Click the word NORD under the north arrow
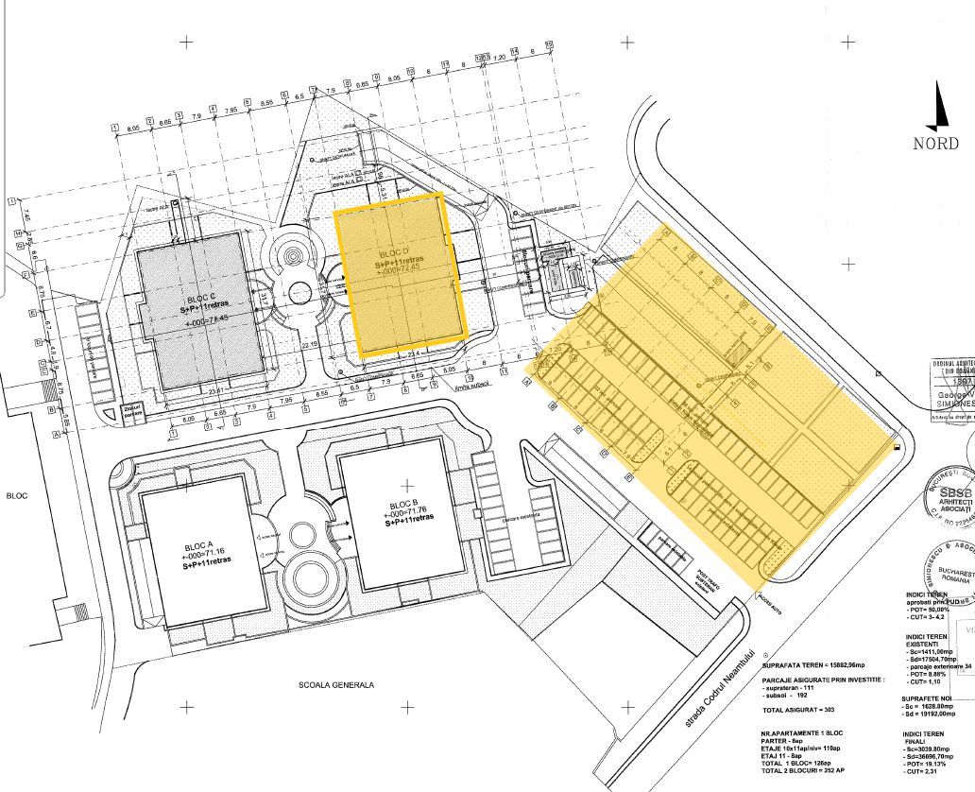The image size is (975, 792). (x=935, y=144)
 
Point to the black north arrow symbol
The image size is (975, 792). (x=936, y=106)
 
